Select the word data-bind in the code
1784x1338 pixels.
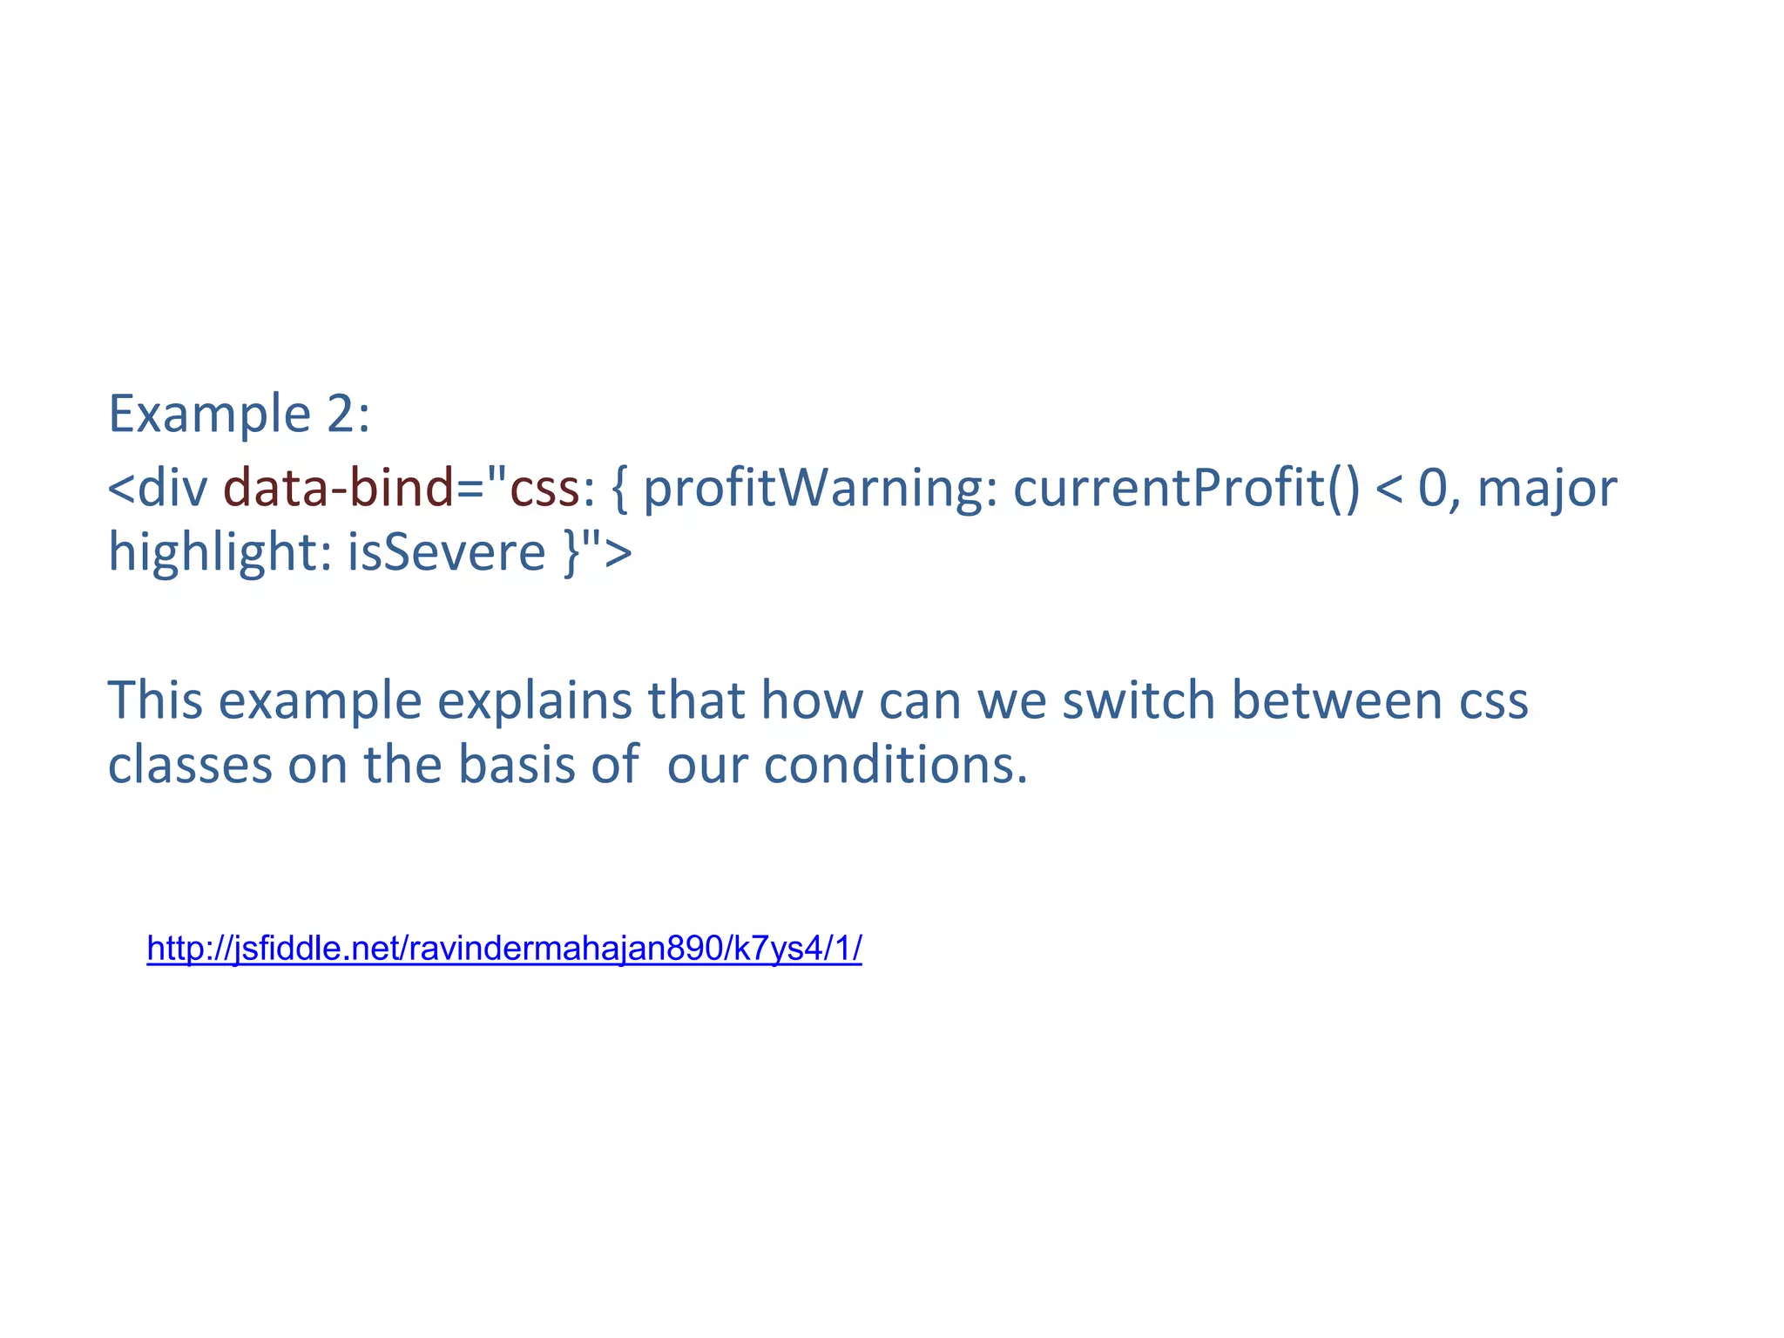pyautogui.click(x=339, y=488)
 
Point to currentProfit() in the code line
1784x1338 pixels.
pyautogui.click(x=1186, y=488)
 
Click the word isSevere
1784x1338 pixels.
pyautogui.click(x=446, y=552)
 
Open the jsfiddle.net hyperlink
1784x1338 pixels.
pyautogui.click(x=504, y=948)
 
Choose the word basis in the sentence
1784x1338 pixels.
pyautogui.click(x=517, y=765)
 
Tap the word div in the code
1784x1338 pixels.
pyautogui.click(x=172, y=488)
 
